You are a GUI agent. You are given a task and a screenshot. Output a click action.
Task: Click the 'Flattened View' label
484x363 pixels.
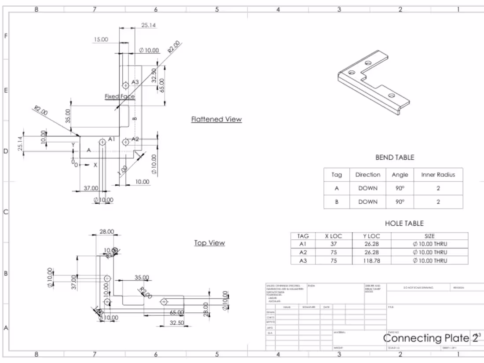[x=216, y=119]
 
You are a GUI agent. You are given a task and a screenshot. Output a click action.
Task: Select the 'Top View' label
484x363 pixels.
[x=209, y=243]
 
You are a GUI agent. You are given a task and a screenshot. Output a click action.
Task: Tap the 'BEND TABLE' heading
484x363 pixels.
[x=394, y=158]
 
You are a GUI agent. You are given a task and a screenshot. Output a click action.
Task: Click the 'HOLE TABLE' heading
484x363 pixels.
[x=404, y=224]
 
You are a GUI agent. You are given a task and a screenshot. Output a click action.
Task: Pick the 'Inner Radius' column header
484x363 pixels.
[x=438, y=175]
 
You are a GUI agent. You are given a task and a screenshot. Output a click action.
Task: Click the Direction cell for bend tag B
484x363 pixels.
[x=367, y=202]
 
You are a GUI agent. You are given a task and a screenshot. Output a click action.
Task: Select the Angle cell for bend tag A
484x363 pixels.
[x=400, y=188]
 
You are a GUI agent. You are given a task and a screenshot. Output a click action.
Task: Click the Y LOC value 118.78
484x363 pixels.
[x=372, y=260]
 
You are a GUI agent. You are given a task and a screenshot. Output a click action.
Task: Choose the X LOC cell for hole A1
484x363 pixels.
[x=333, y=244]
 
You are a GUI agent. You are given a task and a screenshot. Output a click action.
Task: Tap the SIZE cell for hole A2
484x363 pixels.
[x=429, y=252]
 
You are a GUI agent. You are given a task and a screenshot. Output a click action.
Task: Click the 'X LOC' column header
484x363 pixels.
[x=333, y=236]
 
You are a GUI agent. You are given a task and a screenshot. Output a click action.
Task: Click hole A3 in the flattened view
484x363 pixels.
[x=125, y=84]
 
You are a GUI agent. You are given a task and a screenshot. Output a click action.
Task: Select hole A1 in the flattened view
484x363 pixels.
[x=103, y=142]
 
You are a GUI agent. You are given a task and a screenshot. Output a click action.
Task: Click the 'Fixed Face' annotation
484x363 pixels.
[x=120, y=96]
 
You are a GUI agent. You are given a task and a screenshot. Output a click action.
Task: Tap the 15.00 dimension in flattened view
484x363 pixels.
[x=100, y=40]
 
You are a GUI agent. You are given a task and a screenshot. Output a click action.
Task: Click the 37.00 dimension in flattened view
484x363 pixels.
[x=91, y=188]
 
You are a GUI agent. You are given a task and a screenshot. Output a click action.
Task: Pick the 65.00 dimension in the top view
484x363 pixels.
[x=177, y=313]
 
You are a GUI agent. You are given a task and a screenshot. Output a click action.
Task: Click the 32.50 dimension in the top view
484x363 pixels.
[x=176, y=323]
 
